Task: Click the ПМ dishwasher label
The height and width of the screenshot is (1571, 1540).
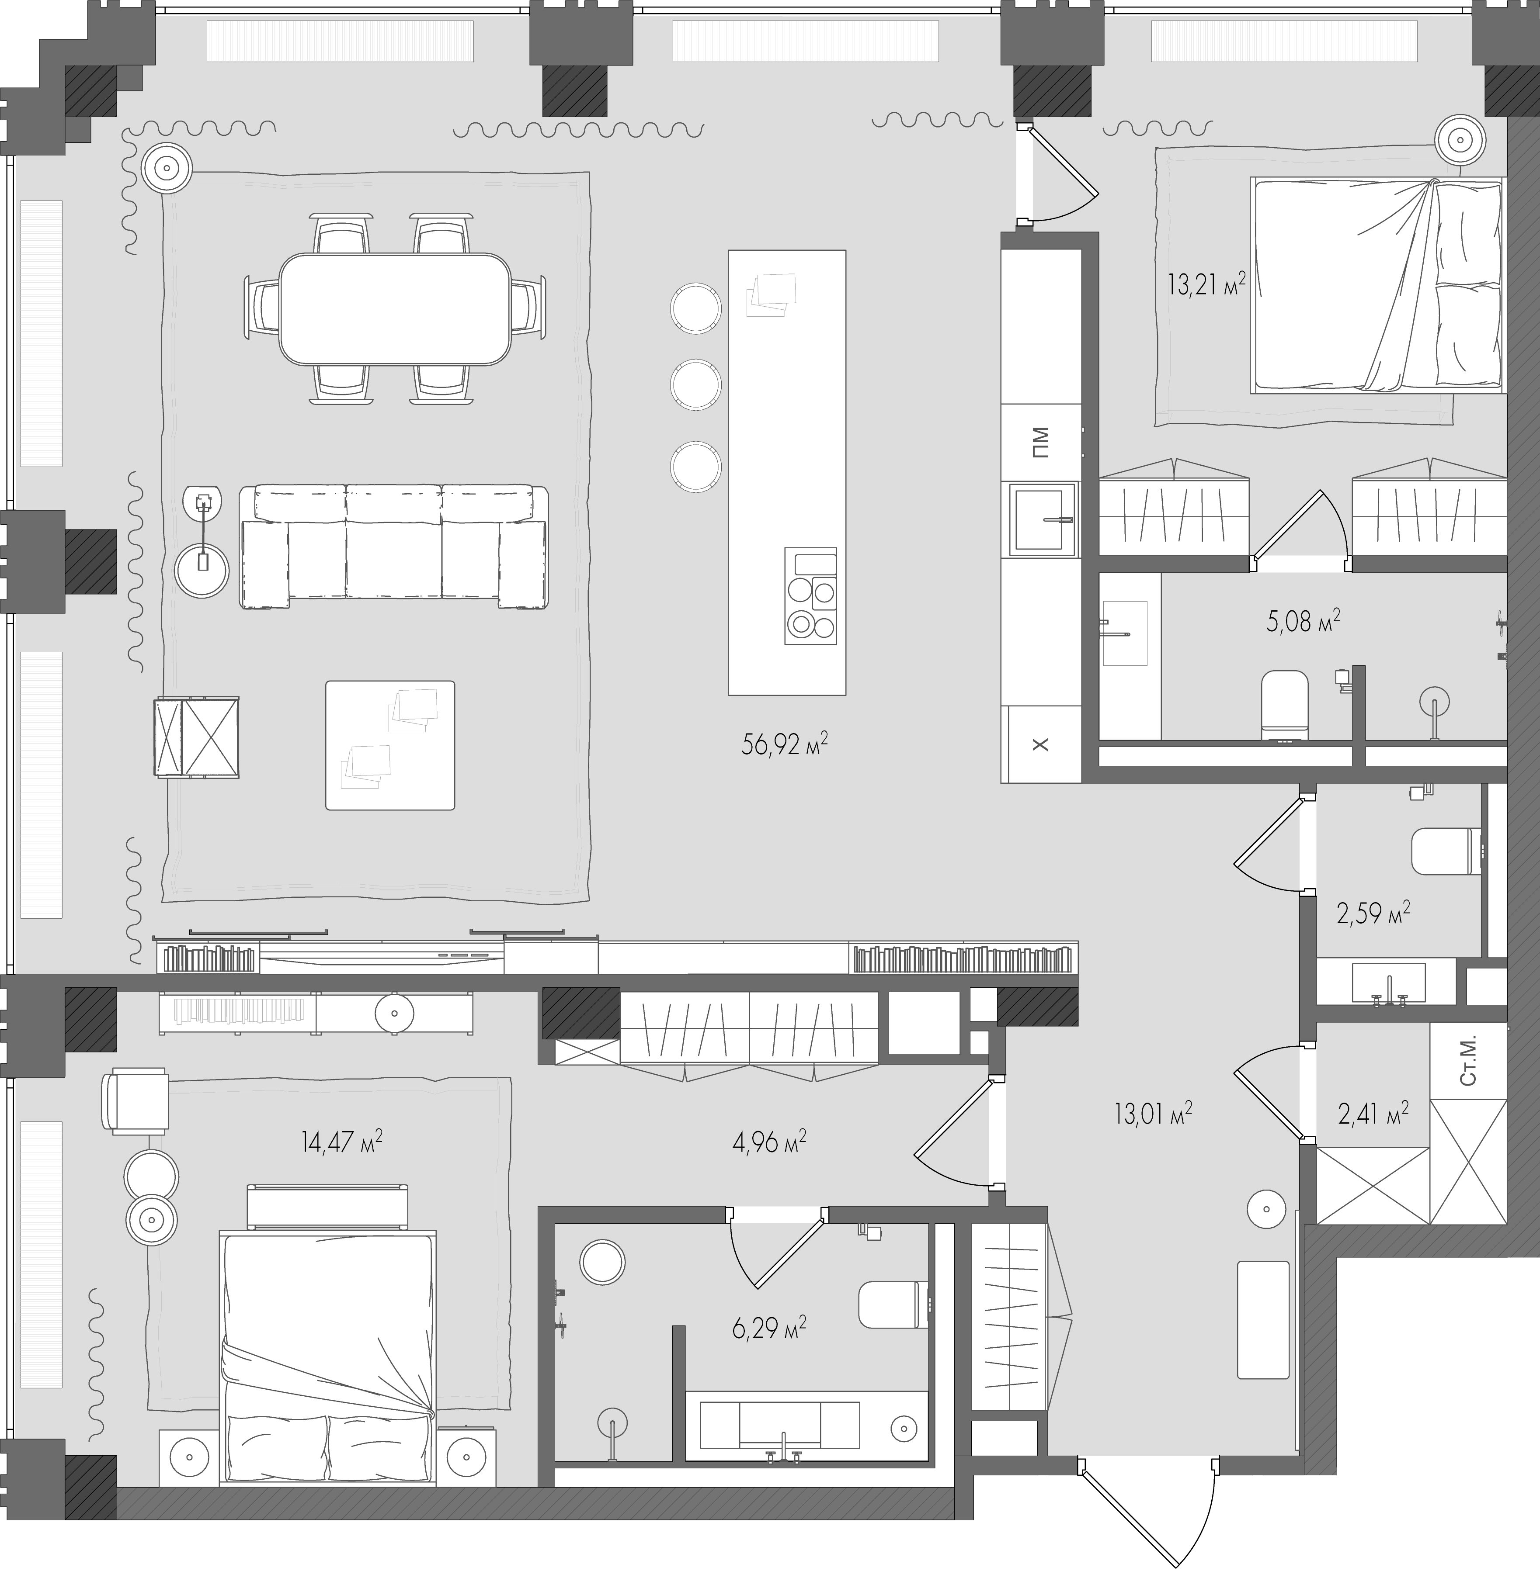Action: [1041, 442]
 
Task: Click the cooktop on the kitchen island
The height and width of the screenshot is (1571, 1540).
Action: [810, 596]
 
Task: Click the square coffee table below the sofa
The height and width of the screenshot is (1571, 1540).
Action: [390, 745]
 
